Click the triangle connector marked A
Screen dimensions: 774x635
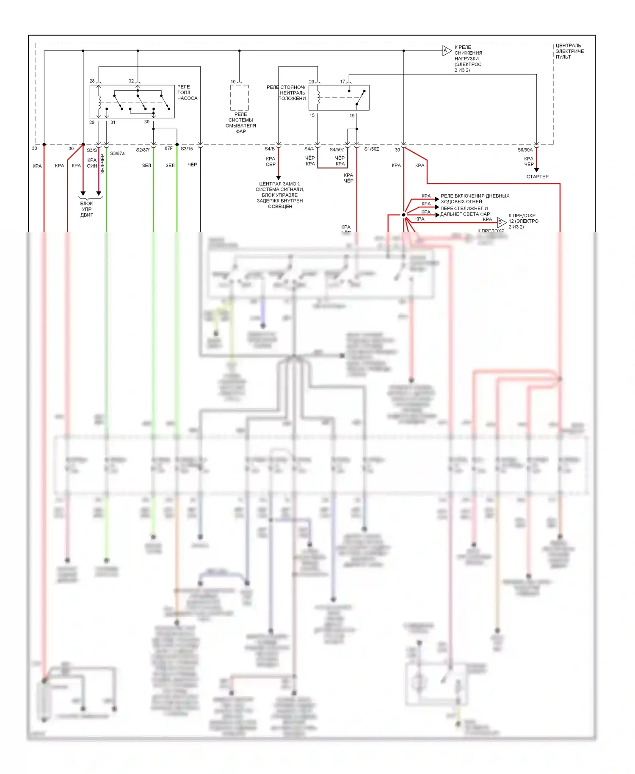[447, 51]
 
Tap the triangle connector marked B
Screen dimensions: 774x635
[501, 222]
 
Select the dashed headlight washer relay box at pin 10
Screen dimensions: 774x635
[240, 97]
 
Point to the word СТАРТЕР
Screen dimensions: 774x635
[537, 177]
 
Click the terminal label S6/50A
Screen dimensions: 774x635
[525, 150]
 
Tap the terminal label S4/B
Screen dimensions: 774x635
[270, 149]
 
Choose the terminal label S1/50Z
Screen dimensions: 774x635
[371, 149]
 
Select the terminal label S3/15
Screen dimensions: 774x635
[187, 149]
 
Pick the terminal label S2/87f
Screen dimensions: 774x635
[143, 150]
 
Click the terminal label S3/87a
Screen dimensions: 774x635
[117, 153]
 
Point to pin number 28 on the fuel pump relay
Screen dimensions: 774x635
[92, 81]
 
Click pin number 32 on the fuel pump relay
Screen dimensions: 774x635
[131, 81]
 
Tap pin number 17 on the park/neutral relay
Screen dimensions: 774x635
[343, 82]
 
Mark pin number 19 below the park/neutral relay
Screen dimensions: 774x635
[352, 116]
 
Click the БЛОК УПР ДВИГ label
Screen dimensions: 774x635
[87, 209]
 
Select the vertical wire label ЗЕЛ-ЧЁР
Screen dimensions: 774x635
[102, 163]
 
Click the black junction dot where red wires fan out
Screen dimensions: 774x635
[404, 215]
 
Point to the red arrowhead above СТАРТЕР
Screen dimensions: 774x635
[536, 170]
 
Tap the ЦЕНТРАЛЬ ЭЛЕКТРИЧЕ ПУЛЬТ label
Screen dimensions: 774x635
[569, 51]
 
